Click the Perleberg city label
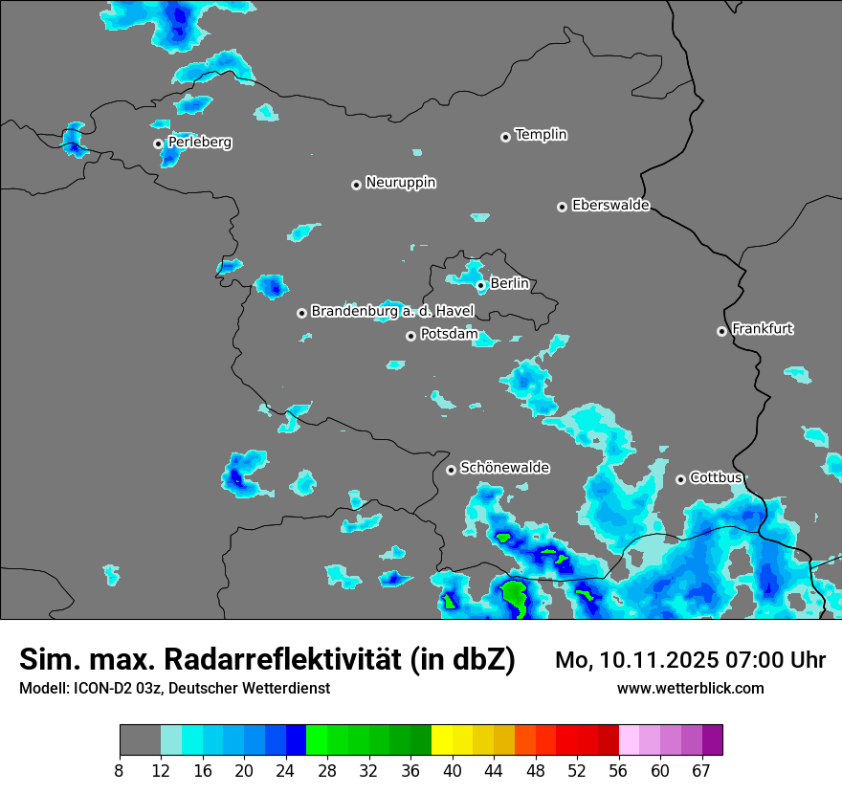(199, 143)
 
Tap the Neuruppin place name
(400, 183)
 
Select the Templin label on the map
(541, 135)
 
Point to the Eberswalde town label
(610, 206)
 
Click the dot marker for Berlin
(480, 285)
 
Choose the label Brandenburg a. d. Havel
(392, 312)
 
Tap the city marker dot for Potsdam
(410, 336)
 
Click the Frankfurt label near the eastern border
(762, 329)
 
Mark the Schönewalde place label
(504, 468)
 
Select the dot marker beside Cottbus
(680, 479)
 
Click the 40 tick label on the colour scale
(453, 770)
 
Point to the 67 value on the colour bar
(701, 770)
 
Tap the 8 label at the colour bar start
(120, 770)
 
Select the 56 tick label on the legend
(618, 770)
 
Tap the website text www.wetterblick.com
(690, 688)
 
